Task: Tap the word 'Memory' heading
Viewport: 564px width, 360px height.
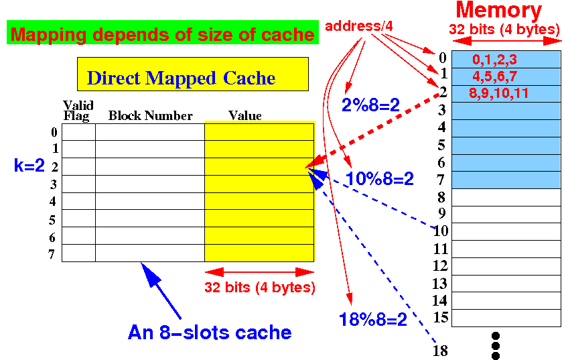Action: point(498,11)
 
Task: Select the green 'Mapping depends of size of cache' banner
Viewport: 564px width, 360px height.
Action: point(163,34)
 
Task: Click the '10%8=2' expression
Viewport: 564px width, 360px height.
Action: point(379,179)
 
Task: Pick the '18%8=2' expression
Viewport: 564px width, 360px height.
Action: point(373,320)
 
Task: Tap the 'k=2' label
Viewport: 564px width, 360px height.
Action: point(29,166)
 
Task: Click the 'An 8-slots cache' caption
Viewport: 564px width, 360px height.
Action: point(210,332)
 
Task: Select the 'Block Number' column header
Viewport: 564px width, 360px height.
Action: point(150,116)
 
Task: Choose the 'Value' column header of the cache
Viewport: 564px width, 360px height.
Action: point(244,116)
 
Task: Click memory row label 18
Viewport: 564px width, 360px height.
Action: point(440,350)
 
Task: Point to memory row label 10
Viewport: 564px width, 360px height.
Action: point(440,232)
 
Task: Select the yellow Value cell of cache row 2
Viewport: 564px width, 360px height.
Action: point(259,167)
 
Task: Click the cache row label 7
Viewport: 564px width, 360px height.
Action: point(53,254)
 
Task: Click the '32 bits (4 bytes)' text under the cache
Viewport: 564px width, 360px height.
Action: point(259,288)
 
